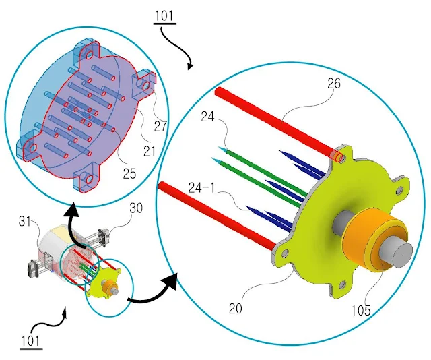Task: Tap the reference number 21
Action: click(x=150, y=150)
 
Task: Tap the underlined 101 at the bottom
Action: click(x=31, y=340)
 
